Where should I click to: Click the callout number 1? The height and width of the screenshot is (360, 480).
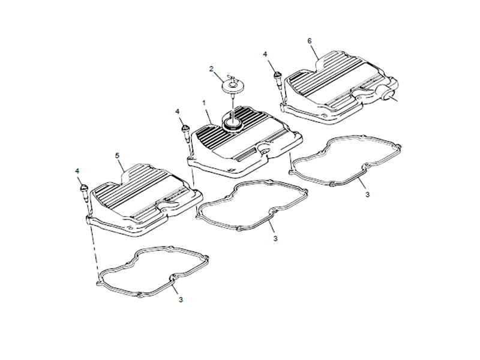coord(204,103)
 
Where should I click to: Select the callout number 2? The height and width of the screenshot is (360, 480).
coord(211,68)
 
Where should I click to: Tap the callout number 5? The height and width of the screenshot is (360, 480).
coord(117,155)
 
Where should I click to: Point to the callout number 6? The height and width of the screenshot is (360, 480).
coord(310,41)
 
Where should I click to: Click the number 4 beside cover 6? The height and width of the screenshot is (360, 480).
coord(265,54)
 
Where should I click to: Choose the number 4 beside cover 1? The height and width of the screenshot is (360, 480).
coord(178,112)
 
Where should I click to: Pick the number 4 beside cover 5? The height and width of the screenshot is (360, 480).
coord(77,171)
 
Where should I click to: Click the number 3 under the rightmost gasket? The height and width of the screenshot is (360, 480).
coord(367,194)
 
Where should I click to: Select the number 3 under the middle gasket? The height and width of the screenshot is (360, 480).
coord(275,238)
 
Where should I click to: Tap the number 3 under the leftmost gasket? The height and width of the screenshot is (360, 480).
coord(181,299)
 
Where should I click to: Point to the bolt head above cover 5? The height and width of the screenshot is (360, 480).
coord(84,187)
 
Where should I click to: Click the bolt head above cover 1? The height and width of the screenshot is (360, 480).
coord(185,128)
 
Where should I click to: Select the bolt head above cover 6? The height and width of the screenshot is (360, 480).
coord(277,74)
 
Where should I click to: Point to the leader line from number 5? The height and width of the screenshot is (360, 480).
coord(122,166)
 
